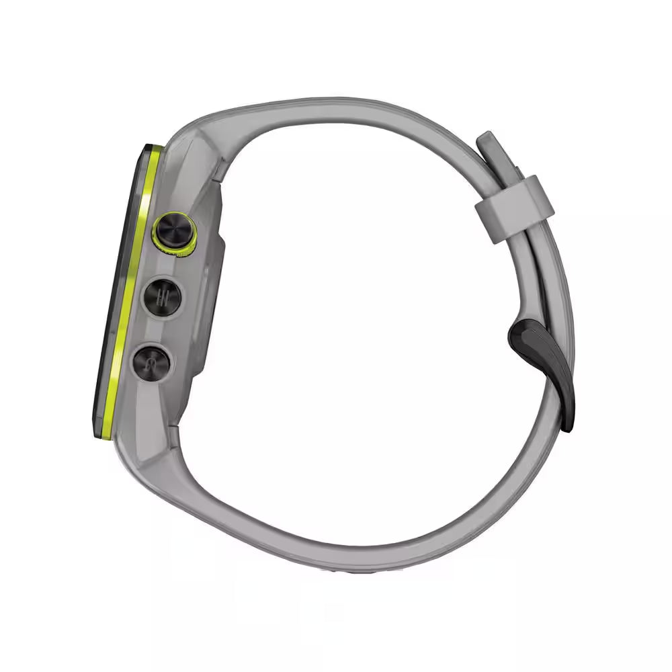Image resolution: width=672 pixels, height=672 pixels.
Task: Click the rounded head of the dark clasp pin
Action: (x=520, y=331)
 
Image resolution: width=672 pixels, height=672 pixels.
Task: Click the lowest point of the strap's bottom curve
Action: (x=349, y=563)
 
